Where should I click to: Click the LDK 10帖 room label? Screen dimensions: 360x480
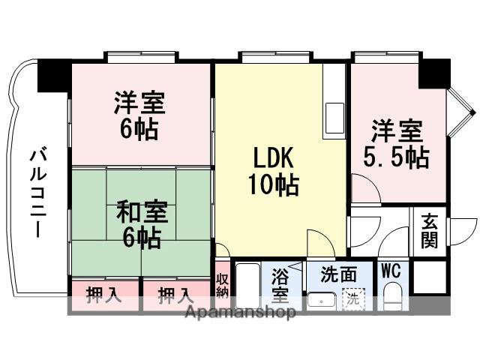(272, 171)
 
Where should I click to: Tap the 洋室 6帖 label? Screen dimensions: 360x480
(139, 115)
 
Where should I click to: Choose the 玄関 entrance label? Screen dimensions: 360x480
(429, 230)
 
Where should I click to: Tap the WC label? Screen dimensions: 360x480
(390, 271)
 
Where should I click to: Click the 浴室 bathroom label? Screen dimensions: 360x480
(280, 285)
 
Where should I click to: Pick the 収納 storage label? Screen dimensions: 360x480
(222, 286)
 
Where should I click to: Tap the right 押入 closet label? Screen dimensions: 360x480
(175, 295)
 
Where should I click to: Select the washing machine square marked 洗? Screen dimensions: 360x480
(352, 298)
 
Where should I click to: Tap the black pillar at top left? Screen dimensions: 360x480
(53, 74)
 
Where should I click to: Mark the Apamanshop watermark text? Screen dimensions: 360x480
(239, 312)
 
